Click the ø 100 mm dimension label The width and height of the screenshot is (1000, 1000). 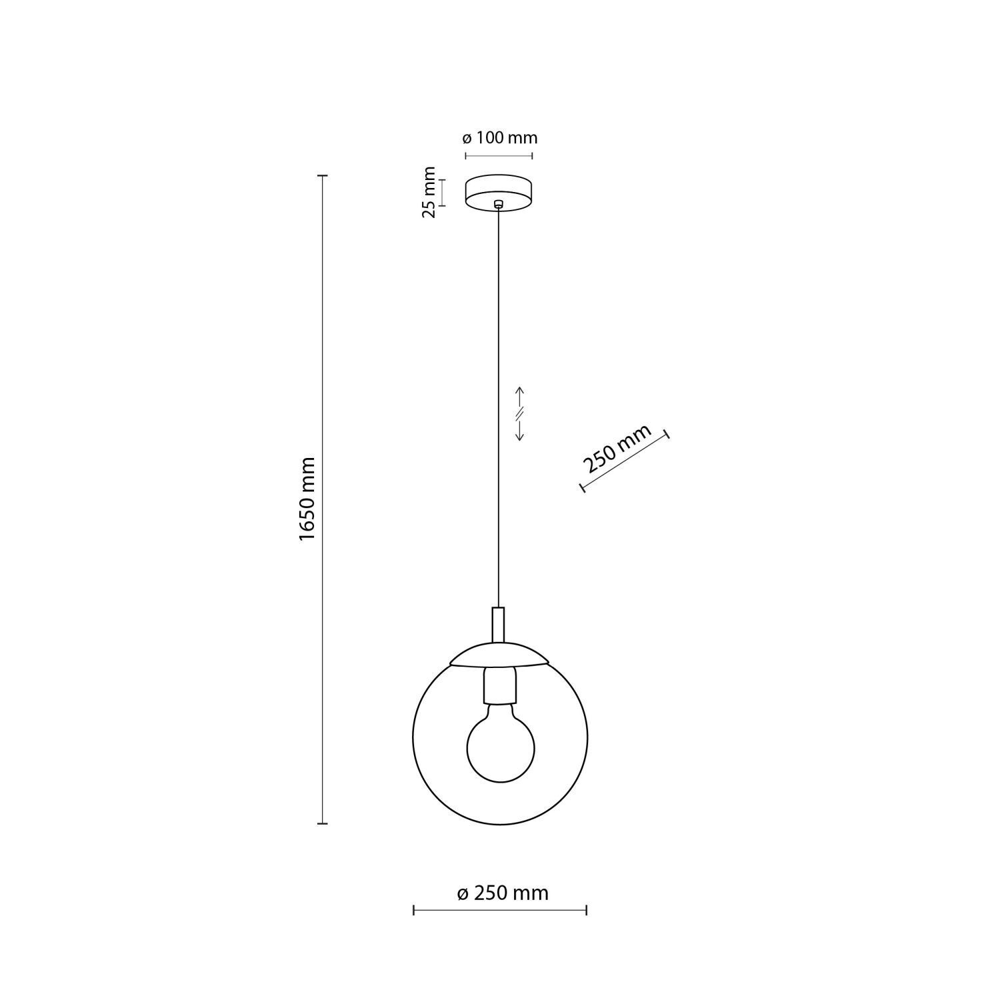tap(499, 138)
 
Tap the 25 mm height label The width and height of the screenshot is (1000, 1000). tap(429, 192)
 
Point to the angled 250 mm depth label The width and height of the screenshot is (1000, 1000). tap(616, 448)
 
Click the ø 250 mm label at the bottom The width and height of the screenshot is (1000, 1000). tap(503, 893)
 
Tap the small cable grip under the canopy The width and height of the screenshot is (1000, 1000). tap(498, 205)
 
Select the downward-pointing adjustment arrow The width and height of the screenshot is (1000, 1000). tap(520, 429)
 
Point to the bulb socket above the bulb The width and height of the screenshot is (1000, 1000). tap(499, 687)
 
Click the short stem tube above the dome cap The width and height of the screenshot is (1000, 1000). tap(498, 623)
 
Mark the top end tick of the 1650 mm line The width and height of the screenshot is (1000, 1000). tap(323, 176)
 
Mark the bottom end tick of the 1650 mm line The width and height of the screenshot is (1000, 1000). tap(323, 824)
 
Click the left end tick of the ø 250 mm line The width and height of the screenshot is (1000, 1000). tap(414, 910)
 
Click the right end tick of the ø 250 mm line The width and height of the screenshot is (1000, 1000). tap(586, 910)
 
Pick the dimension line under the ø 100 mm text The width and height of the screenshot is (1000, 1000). tap(499, 157)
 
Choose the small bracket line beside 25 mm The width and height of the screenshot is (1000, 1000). tap(443, 192)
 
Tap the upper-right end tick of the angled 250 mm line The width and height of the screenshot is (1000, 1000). tap(667, 435)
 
